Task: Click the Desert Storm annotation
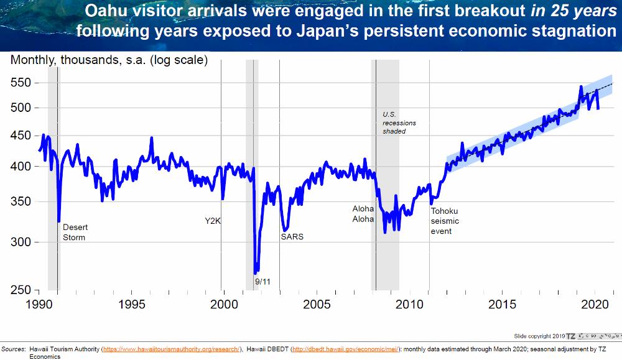[x=74, y=232]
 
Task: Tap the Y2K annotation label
[x=213, y=221]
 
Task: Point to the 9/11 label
[x=262, y=282]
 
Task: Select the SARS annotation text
[x=292, y=237]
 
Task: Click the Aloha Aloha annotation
[x=363, y=214]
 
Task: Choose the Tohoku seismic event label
[x=445, y=221]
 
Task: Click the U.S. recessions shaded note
[x=399, y=123]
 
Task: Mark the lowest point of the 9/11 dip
[x=256, y=272]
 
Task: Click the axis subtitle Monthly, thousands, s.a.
[x=109, y=60]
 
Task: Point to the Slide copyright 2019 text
[x=539, y=335]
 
